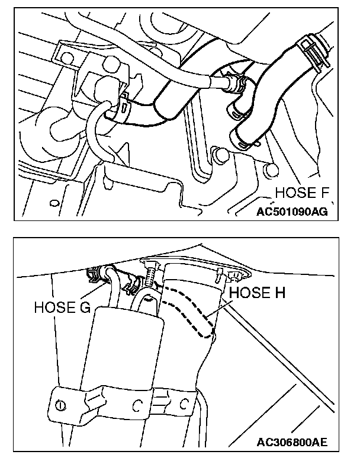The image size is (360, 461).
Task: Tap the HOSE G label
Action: (62, 308)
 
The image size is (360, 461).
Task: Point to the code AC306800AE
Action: (293, 443)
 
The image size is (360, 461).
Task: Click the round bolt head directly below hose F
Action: (221, 156)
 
